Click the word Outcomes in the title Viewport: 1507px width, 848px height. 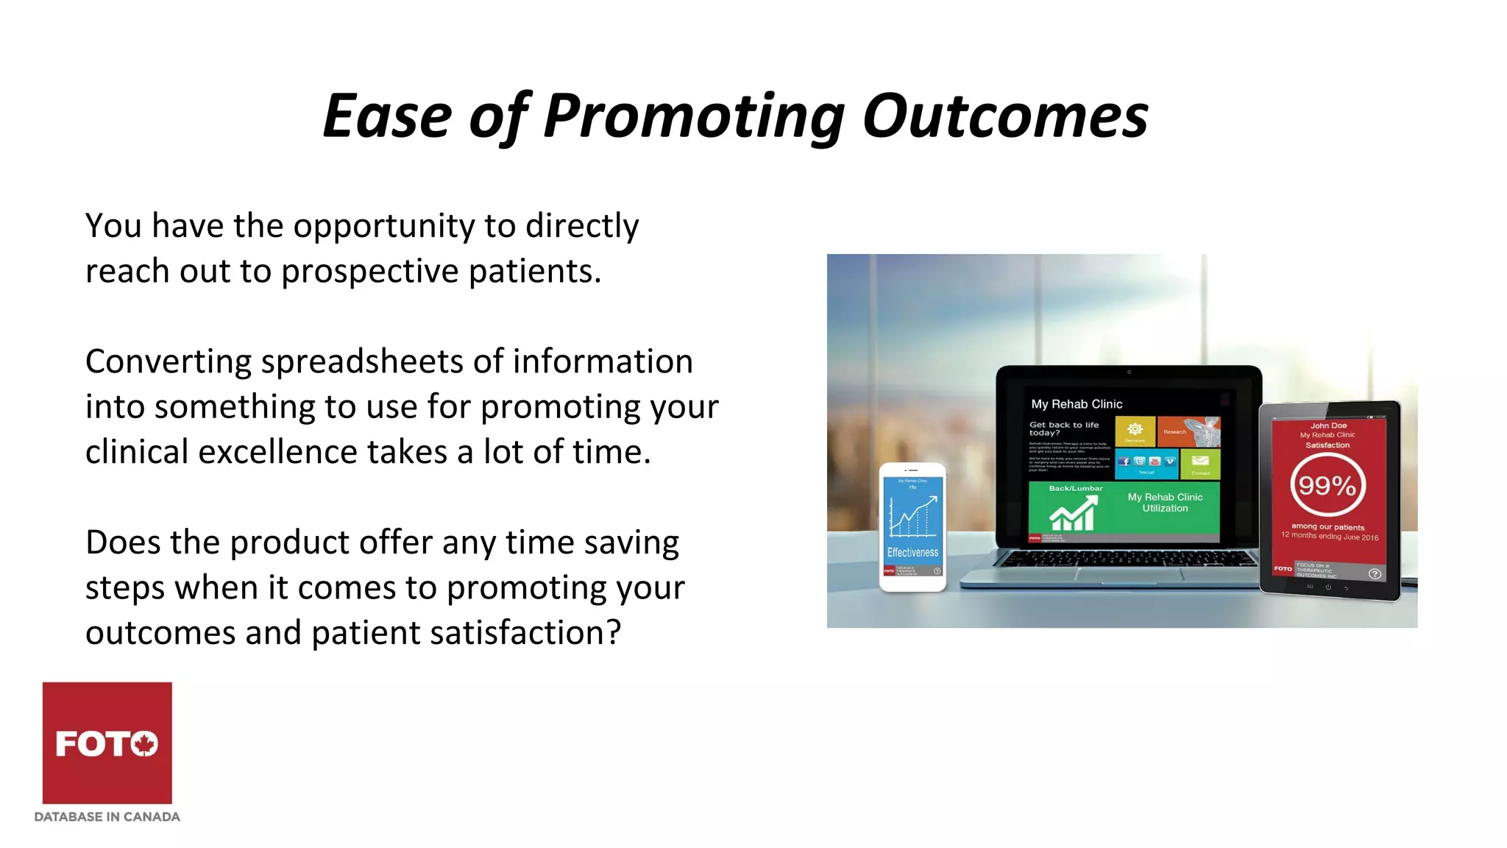[1005, 116]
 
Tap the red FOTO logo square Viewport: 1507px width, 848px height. [107, 742]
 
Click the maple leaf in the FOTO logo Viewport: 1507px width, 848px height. [145, 743]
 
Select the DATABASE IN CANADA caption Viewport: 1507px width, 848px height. [107, 817]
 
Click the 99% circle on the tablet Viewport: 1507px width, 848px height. [1327, 486]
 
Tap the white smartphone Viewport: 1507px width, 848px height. [912, 527]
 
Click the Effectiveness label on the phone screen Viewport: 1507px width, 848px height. [912, 552]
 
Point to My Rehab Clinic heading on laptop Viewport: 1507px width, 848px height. [1077, 404]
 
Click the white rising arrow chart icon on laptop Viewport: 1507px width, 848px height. [1073, 513]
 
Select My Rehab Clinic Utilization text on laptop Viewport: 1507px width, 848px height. [1165, 503]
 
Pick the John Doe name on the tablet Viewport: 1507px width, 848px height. [1328, 425]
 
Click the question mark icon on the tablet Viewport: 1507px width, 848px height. [1374, 573]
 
